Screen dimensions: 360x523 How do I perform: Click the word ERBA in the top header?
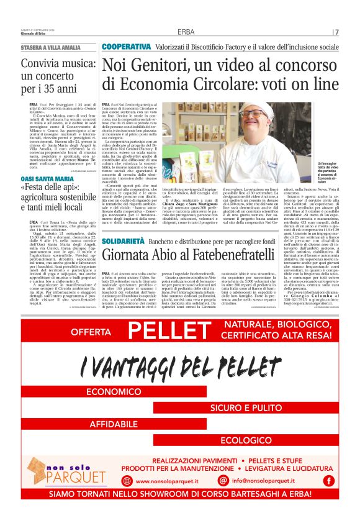pos(186,32)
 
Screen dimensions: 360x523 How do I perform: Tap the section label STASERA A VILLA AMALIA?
pos(50,48)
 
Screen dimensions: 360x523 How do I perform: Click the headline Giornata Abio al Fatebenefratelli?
pos(188,255)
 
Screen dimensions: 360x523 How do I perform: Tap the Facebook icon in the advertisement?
pos(328,480)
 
